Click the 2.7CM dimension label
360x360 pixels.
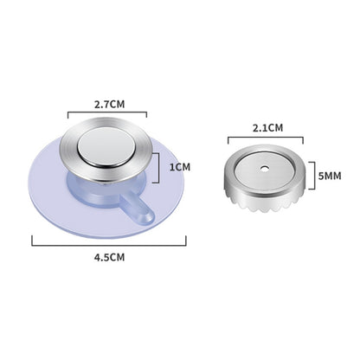coord(110,104)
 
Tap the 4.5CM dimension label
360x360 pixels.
coord(109,257)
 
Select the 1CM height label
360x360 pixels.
coord(180,167)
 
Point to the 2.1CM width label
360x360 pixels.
coord(268,128)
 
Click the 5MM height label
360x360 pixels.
coord(330,176)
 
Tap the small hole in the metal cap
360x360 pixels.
coord(264,169)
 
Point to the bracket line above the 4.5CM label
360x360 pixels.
coord(109,245)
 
